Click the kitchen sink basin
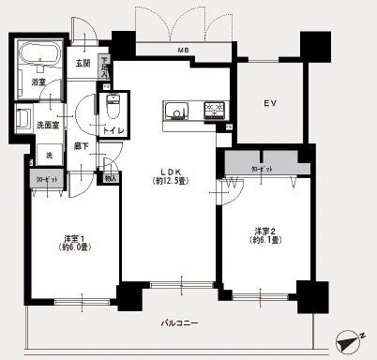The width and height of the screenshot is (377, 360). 175,112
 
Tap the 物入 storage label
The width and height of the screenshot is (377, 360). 112,176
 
